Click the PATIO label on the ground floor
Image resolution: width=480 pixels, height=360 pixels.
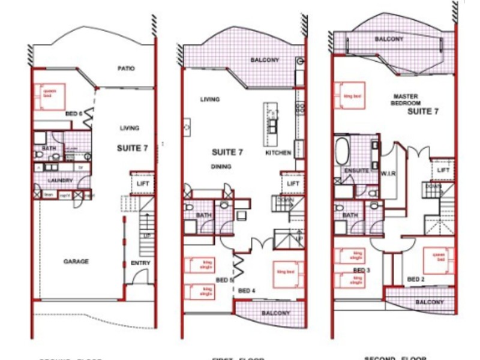pos(126,69)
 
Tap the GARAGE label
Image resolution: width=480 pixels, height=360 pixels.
pos(76,262)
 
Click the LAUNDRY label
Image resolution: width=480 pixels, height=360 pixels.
pos(61,180)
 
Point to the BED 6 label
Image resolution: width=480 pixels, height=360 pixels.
pos(73,114)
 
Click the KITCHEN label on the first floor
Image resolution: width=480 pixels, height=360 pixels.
pos(278,153)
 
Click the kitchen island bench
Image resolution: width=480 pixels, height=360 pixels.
pos(272,123)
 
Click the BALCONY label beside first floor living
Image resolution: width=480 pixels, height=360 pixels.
pos(264,60)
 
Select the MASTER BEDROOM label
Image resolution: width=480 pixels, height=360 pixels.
pos(406,100)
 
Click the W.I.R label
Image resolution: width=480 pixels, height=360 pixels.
pos(386,175)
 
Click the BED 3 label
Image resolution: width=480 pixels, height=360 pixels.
pos(361,271)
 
